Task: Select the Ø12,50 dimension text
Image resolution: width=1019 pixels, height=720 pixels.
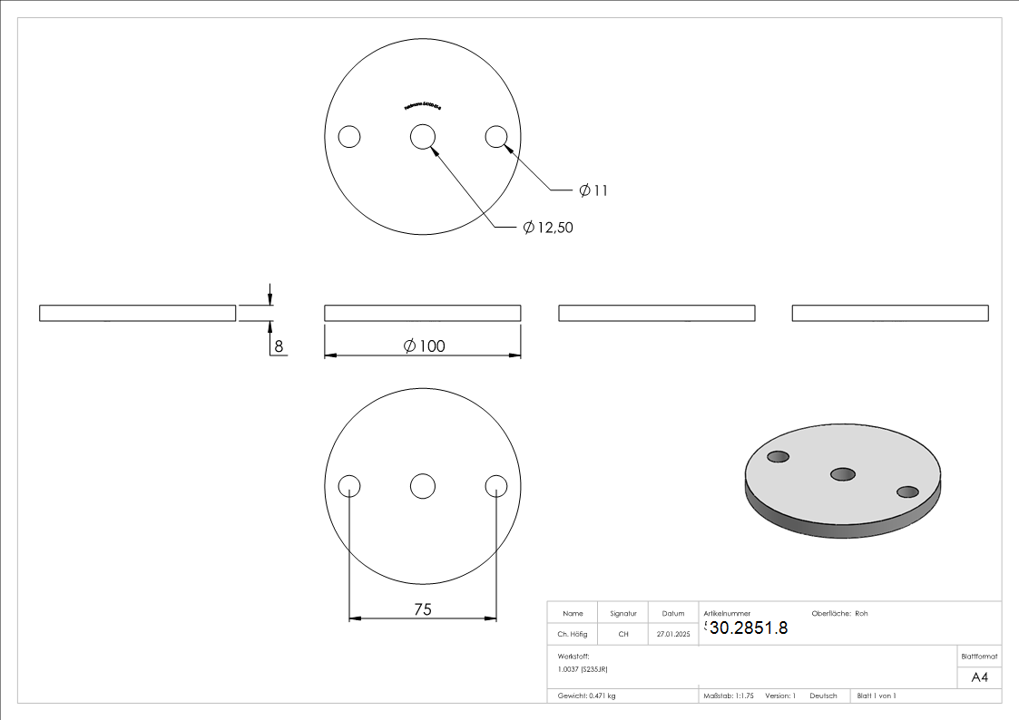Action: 548,228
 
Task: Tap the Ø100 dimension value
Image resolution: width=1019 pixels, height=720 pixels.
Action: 423,345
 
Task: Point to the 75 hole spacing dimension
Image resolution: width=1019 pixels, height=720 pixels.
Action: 422,609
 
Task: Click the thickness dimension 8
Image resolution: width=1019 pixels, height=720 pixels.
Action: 279,345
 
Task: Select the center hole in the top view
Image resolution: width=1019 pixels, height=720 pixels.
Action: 422,137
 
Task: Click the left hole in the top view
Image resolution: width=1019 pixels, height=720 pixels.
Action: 349,137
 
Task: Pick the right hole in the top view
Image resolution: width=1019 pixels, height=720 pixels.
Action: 495,137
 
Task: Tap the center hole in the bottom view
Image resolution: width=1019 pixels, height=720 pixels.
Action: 422,486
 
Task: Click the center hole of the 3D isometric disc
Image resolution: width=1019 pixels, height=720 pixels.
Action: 843,473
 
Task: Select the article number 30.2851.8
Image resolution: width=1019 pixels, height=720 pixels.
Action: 748,628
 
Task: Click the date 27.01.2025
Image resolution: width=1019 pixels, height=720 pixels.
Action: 672,635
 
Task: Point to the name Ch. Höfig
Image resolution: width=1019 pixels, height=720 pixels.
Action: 572,635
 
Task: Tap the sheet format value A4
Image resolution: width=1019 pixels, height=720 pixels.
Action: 980,677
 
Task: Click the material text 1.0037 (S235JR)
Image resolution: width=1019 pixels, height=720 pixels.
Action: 583,668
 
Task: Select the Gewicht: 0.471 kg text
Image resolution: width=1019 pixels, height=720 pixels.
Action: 586,696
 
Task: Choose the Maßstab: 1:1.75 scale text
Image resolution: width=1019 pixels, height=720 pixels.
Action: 729,696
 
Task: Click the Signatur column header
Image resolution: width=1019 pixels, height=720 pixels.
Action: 623,613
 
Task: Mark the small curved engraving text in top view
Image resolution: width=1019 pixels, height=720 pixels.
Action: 422,105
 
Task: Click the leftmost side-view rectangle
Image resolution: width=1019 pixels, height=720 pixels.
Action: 137,313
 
